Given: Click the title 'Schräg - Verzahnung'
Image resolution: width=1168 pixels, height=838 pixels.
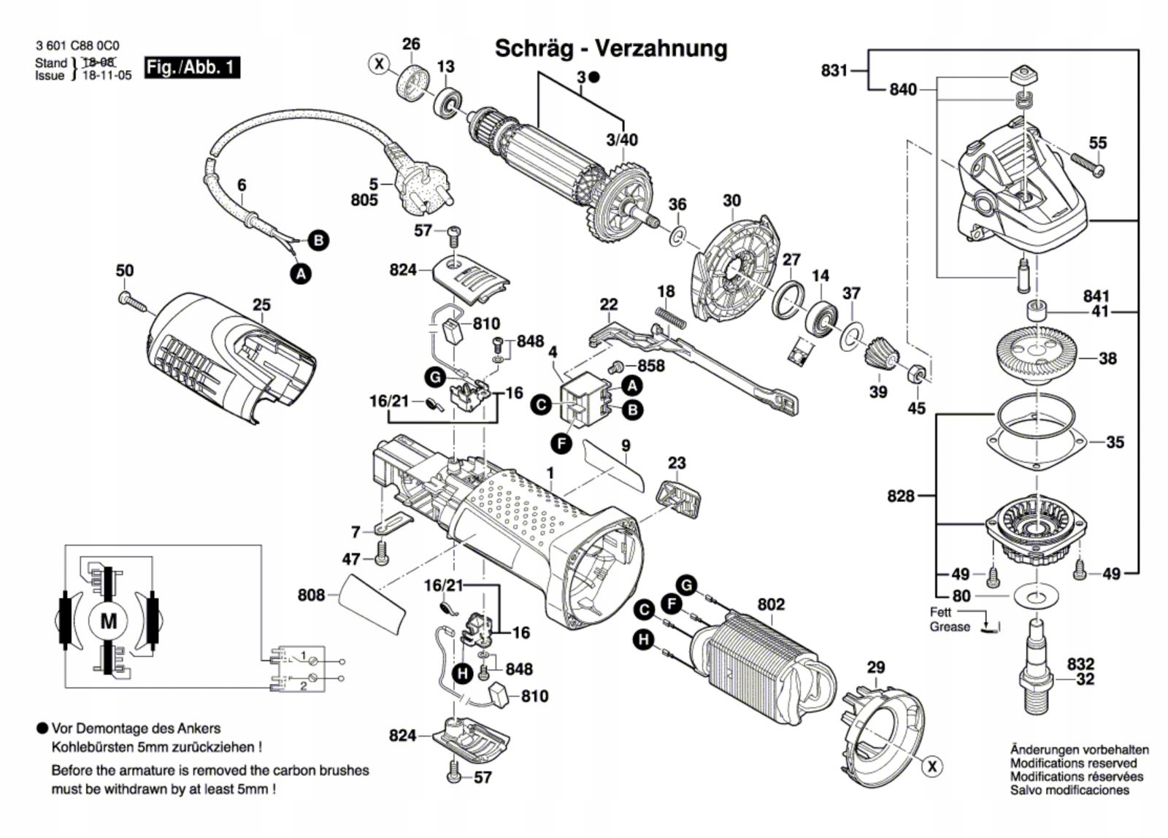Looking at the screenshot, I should pos(611,48).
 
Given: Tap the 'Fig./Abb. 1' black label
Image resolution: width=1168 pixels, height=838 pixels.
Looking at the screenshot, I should pos(191,67).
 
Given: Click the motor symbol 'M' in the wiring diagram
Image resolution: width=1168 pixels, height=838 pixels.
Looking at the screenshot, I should pos(108,621).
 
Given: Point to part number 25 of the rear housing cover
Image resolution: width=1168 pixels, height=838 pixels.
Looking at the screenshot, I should pos(261,304).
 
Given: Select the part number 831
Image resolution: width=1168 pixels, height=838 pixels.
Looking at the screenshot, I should pos(834,71).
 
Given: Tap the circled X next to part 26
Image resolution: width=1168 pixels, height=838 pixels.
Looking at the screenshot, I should pos(379,64).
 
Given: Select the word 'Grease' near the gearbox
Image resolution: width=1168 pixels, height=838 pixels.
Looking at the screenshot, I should pos(950,627).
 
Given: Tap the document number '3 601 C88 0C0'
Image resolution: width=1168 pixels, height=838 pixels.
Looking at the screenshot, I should pos(77,46).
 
